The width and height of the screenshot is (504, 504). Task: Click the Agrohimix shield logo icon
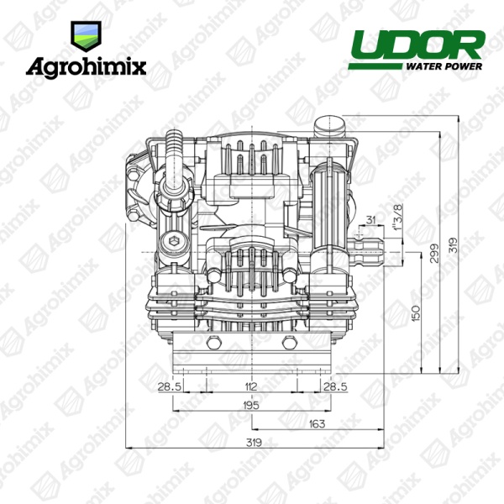coord(86,36)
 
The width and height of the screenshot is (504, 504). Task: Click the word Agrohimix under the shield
coord(86,68)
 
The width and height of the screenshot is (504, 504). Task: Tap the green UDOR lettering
coord(417,45)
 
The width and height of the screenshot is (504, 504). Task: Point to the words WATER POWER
coord(444,66)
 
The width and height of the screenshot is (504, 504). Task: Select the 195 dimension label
coord(250,406)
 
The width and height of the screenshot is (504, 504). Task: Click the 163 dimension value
coord(317,424)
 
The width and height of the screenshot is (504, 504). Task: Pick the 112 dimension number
coord(250,386)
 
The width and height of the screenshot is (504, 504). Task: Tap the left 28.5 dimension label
coord(170,386)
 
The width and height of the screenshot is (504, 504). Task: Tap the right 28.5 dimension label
coord(335,386)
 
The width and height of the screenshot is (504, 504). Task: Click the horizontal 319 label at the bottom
coord(254,443)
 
